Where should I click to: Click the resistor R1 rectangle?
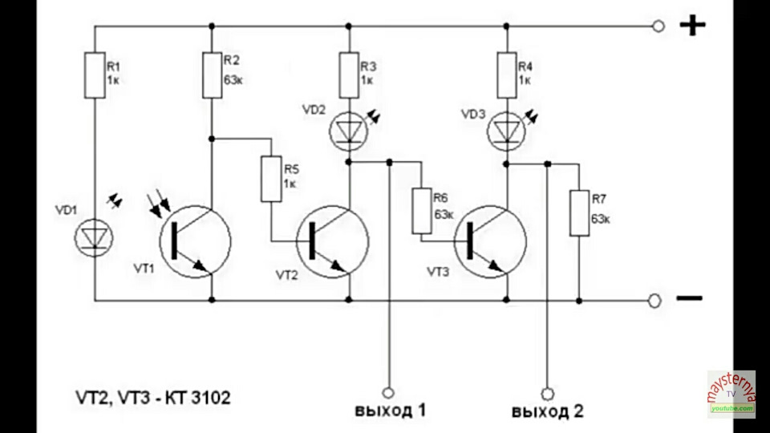click(x=95, y=75)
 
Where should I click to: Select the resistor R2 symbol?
click(x=212, y=75)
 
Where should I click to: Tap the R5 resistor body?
click(x=271, y=179)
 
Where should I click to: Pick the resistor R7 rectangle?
click(x=579, y=213)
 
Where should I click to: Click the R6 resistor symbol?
click(x=421, y=211)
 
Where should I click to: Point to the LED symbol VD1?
click(x=94, y=238)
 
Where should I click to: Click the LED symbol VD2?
click(x=348, y=131)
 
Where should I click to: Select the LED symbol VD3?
click(x=506, y=131)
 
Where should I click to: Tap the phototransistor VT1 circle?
click(x=195, y=241)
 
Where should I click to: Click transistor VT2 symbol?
click(x=332, y=241)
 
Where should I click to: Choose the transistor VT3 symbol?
click(x=490, y=241)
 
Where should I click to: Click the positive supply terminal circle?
click(x=659, y=26)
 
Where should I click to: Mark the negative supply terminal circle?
click(x=654, y=301)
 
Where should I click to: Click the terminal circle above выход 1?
click(x=388, y=393)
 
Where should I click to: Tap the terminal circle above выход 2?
click(x=548, y=394)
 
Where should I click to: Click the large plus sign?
click(x=692, y=25)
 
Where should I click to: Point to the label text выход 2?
click(x=548, y=411)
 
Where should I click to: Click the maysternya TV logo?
click(x=731, y=395)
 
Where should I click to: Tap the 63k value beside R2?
click(x=233, y=79)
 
